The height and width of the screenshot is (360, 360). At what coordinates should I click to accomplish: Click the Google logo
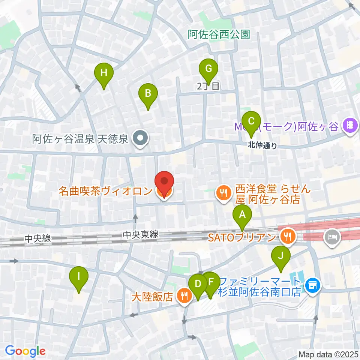click(x=25, y=351)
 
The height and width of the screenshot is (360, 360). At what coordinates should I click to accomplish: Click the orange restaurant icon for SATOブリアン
click(x=288, y=236)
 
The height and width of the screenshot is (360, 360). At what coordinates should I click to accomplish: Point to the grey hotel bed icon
click(x=332, y=237)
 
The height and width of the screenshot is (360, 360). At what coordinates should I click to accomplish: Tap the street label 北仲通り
click(x=262, y=146)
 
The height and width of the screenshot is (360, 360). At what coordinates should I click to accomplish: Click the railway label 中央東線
click(x=141, y=235)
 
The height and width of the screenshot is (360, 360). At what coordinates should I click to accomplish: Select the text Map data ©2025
click(x=328, y=354)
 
